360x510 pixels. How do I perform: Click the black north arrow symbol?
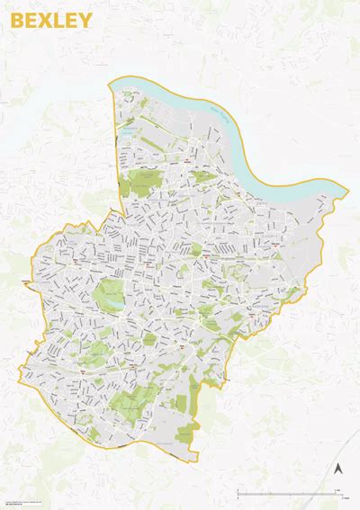point(337,470)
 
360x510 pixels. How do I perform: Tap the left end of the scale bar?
point(237,493)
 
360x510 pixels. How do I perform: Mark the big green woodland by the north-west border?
point(140,183)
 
